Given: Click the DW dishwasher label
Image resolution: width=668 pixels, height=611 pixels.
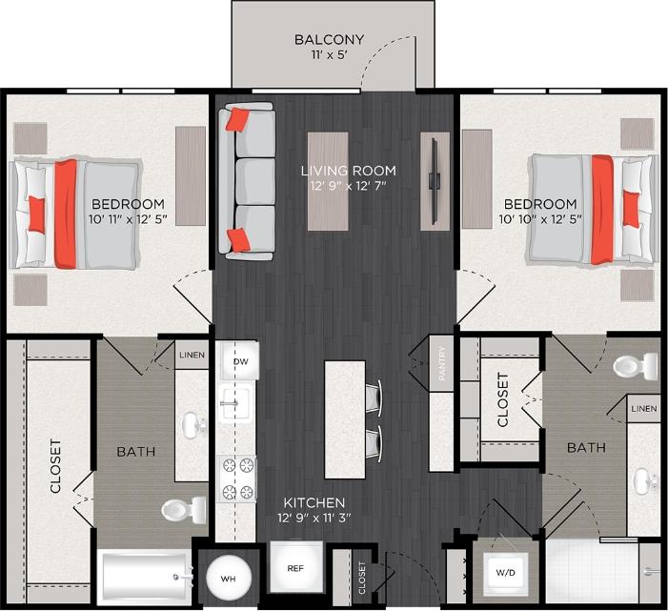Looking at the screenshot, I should click(x=240, y=362).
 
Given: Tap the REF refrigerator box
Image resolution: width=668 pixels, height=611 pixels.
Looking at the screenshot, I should click(x=294, y=568).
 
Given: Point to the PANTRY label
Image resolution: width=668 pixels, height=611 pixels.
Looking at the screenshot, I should click(x=442, y=363).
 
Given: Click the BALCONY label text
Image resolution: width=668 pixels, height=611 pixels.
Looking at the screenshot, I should click(x=329, y=40).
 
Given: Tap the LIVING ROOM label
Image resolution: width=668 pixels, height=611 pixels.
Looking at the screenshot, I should click(x=348, y=172).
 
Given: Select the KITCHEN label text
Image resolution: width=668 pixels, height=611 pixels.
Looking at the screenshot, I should click(x=314, y=502).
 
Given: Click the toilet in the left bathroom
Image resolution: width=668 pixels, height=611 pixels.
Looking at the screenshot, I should click(x=184, y=509).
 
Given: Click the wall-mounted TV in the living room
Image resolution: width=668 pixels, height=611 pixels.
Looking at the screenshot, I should click(x=435, y=180).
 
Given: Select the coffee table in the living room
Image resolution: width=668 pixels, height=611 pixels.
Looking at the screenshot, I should click(x=328, y=180).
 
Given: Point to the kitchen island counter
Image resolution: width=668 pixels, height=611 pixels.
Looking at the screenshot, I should click(x=345, y=418).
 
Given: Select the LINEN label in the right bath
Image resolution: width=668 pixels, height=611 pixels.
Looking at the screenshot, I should click(x=644, y=409).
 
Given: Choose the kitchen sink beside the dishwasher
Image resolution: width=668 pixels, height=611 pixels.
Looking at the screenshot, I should click(x=233, y=404).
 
